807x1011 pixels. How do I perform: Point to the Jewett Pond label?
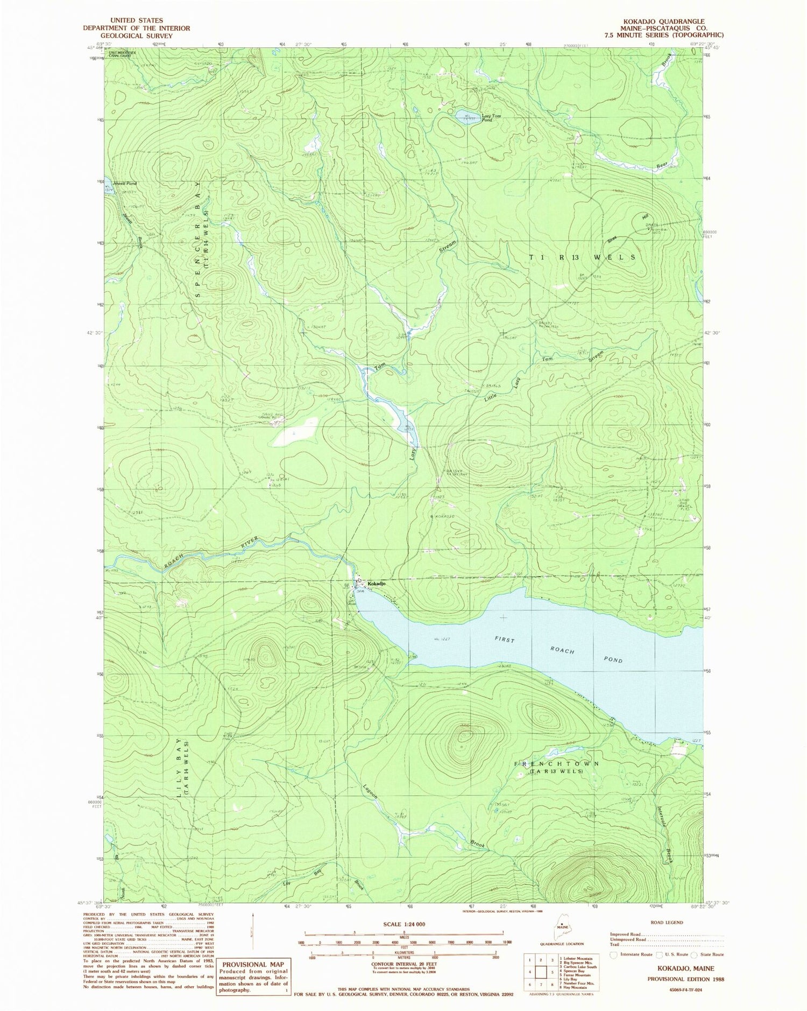(124, 184)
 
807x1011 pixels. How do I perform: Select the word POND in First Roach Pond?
(613, 659)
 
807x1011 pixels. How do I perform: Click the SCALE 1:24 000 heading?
(403, 924)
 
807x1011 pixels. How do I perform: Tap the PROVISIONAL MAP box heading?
(253, 964)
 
